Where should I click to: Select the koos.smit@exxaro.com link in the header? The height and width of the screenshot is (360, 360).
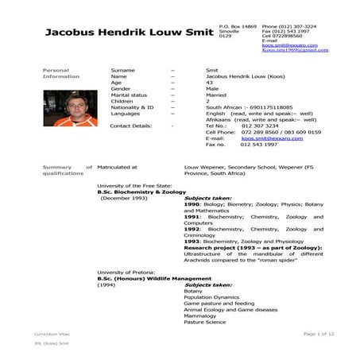tap(285, 45)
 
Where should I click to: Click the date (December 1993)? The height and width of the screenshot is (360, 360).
tap(126, 198)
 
